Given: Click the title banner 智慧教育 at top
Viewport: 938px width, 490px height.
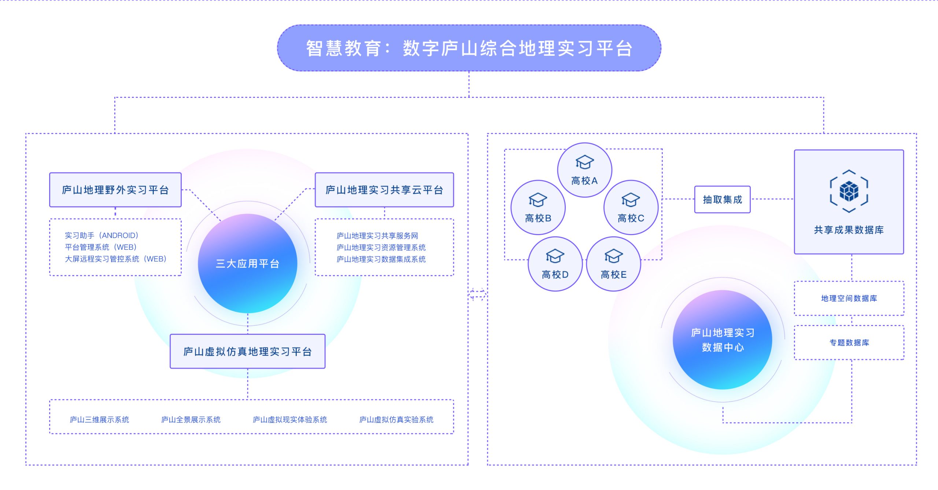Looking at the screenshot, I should click(469, 48).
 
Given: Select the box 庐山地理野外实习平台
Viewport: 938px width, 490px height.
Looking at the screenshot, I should click(115, 190).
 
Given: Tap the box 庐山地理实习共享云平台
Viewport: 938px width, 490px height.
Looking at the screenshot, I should click(384, 190).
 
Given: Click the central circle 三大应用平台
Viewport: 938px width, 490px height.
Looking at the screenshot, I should click(248, 263).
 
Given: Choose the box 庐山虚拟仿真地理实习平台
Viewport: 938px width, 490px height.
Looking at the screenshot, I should click(247, 351).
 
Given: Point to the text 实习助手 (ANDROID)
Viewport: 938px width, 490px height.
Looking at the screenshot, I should click(101, 235).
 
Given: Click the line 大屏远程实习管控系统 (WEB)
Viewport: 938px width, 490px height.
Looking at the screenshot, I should click(115, 259).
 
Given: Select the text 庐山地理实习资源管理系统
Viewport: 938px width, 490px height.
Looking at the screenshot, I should click(381, 248).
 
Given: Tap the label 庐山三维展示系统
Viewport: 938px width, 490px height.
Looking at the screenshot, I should click(99, 420).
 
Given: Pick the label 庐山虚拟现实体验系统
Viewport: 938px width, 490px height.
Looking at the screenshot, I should click(289, 420).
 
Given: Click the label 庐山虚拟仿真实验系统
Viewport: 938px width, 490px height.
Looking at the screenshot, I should click(396, 420).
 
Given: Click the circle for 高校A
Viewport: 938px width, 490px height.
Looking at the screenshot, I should click(584, 170).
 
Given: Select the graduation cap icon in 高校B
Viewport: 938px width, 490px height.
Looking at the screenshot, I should click(538, 200).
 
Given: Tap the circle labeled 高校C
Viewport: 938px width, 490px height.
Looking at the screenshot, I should click(631, 208).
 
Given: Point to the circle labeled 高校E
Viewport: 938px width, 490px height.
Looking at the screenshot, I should click(613, 264).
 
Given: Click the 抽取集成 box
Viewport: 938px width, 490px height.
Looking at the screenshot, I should click(722, 200).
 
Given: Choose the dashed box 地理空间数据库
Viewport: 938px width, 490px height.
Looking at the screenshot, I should click(849, 299).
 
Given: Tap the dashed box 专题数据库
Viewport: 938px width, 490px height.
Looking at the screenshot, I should click(849, 343).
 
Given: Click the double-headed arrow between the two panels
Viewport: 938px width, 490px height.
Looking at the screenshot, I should click(477, 294).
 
